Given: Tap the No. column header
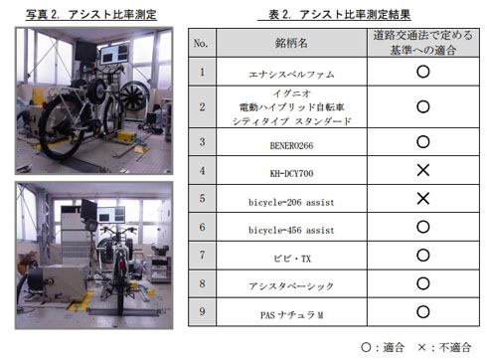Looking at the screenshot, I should point(202,45).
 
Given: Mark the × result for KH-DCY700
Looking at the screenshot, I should point(421,170).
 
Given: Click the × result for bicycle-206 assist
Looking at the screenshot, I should point(421,199).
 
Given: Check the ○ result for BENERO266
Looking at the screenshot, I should point(421,142).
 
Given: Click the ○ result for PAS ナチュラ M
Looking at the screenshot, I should point(421,312).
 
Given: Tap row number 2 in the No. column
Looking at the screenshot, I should point(202,106).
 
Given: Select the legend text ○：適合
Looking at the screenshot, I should point(385,346).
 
